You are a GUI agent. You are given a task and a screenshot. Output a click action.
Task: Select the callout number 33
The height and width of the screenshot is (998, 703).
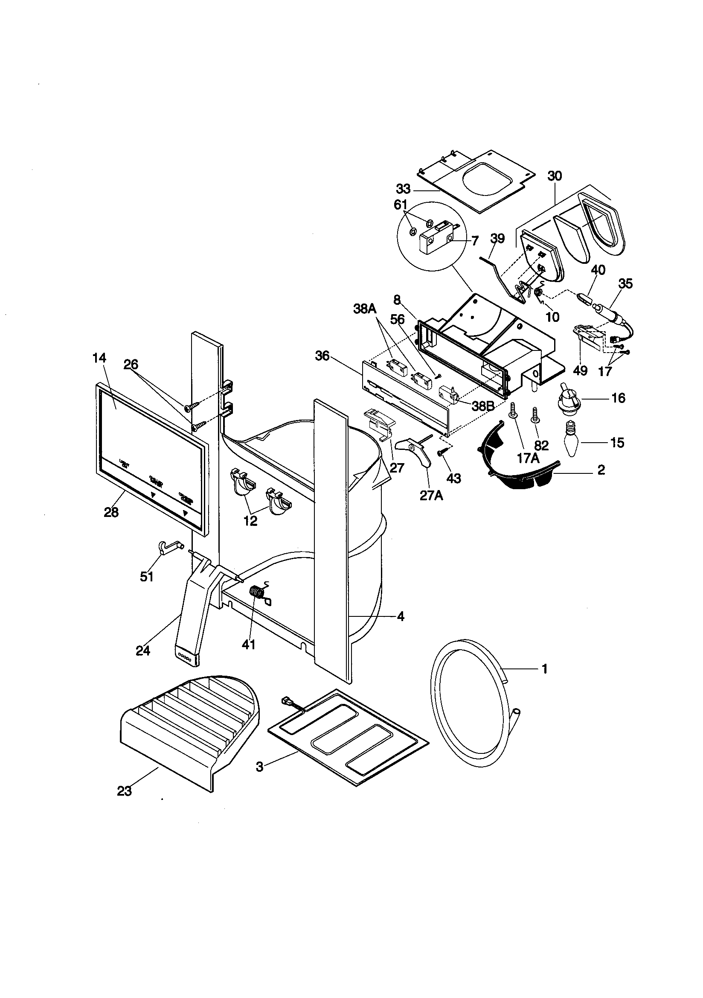(x=403, y=189)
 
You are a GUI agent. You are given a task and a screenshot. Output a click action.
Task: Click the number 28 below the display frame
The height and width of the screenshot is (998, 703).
(x=111, y=513)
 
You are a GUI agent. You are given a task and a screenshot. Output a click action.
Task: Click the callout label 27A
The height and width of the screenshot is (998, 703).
(x=430, y=495)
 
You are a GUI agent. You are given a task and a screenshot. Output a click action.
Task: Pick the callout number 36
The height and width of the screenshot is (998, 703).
(x=322, y=356)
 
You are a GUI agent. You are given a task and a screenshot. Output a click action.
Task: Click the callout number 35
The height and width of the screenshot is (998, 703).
(x=625, y=283)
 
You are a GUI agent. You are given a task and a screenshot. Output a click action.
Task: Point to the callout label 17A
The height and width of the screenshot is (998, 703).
(x=529, y=458)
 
